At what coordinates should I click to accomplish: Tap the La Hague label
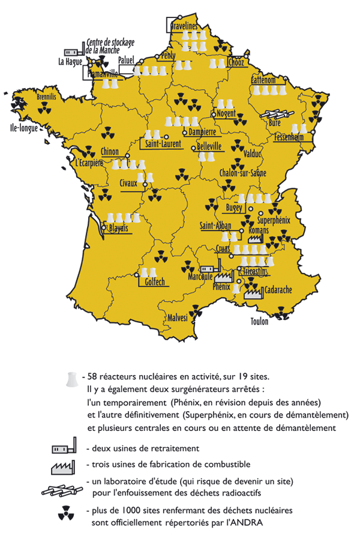(70, 61)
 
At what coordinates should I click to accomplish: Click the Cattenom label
(263, 80)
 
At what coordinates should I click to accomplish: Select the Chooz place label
(235, 62)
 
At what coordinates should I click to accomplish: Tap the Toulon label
(259, 321)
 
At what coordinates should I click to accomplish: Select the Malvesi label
(178, 317)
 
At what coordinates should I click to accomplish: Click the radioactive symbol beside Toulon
(280, 312)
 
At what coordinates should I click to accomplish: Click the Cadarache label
(278, 290)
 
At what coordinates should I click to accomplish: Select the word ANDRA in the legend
(248, 522)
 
